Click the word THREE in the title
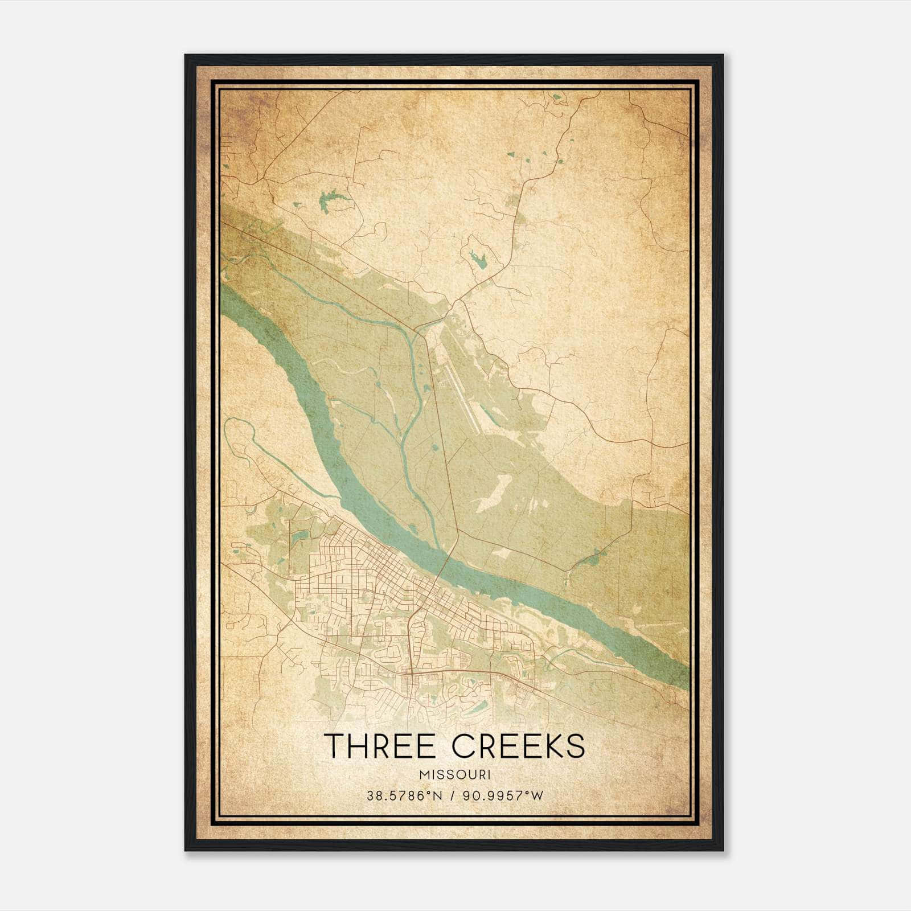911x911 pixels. (378, 746)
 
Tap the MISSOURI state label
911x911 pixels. (455, 774)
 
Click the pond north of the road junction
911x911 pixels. (477, 260)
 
